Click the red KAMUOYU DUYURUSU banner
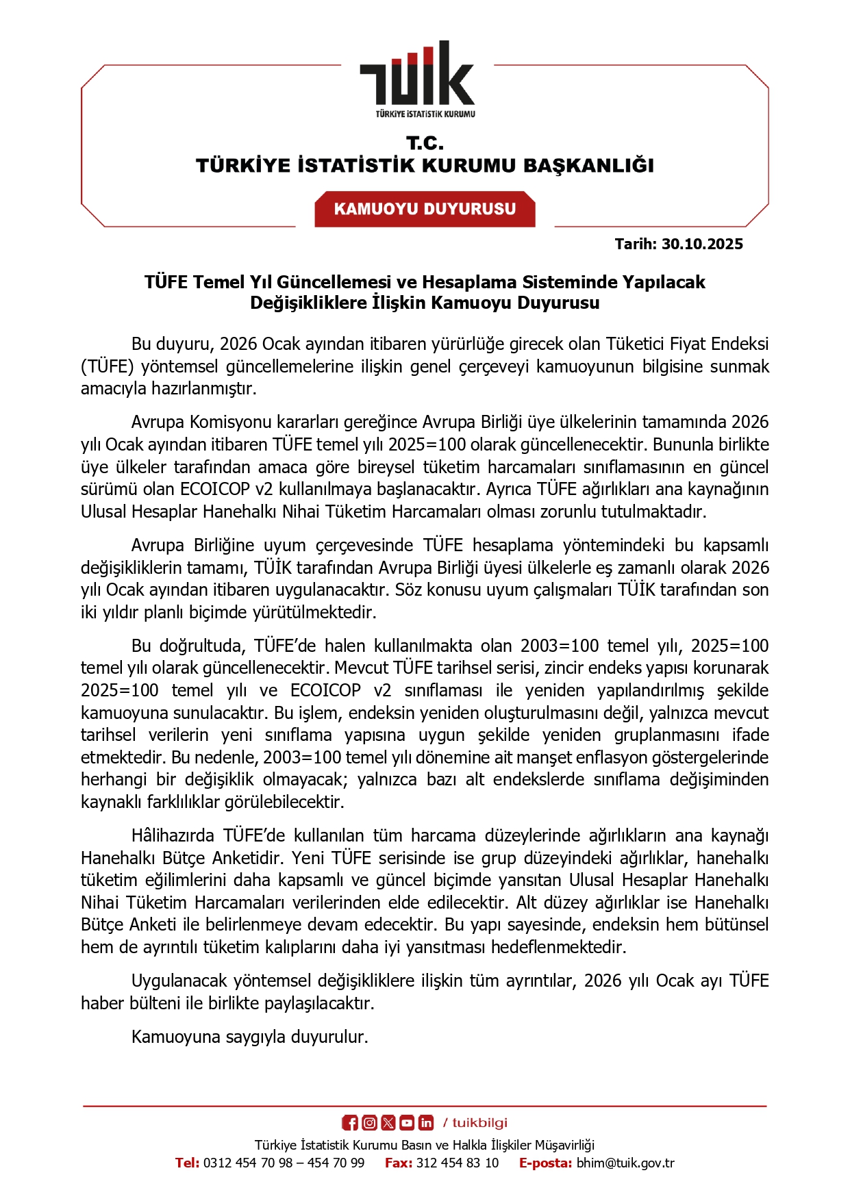pyautogui.click(x=425, y=209)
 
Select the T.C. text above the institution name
pyautogui.click(x=425, y=143)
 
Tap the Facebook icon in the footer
pyautogui.click(x=350, y=1122)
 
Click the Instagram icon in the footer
pyautogui.click(x=369, y=1122)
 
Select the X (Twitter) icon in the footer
pyautogui.click(x=388, y=1122)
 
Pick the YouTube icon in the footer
pyautogui.click(x=407, y=1122)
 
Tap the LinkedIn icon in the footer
pyautogui.click(x=426, y=1122)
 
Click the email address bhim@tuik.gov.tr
pyautogui.click(x=625, y=1163)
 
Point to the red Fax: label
pyautogui.click(x=398, y=1163)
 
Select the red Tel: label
pyautogui.click(x=187, y=1163)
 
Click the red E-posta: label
pyautogui.click(x=545, y=1163)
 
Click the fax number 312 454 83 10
pyautogui.click(x=458, y=1163)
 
